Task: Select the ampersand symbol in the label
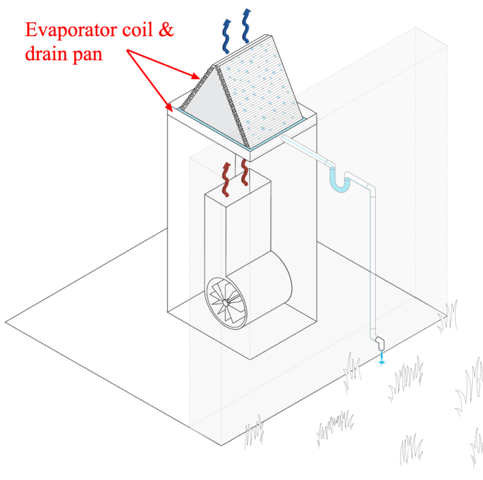(166, 30)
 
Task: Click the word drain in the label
(46, 54)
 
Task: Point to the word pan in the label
(87, 56)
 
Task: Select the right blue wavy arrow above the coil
(248, 27)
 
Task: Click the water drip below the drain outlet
(382, 361)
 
